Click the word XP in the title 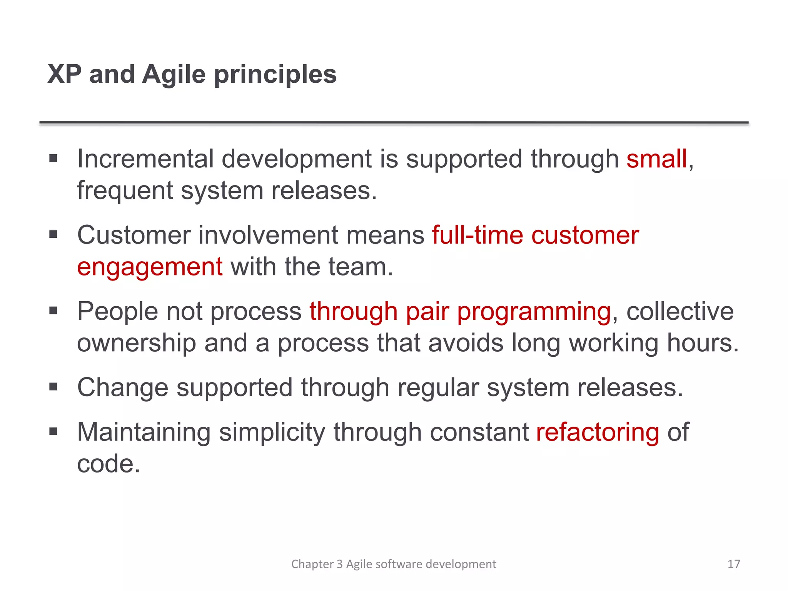(64, 74)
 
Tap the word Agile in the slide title (174, 75)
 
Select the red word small (656, 159)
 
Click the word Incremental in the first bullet (145, 159)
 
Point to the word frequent (125, 191)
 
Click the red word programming (534, 312)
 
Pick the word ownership (136, 343)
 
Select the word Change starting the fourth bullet (122, 387)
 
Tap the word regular (437, 387)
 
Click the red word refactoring (597, 432)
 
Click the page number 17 (733, 564)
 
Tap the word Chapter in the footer (312, 564)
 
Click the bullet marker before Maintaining (53, 432)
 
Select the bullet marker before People (53, 311)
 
